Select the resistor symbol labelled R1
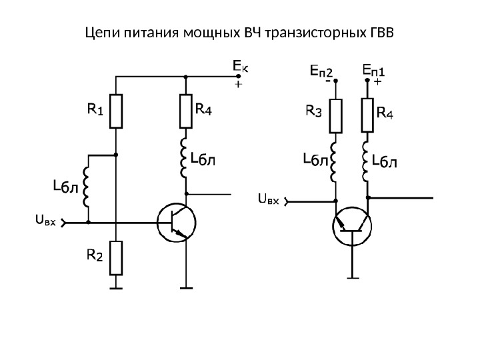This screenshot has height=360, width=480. (116, 111)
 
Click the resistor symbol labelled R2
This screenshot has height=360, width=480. (116, 257)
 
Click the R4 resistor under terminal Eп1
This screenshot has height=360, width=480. (367, 115)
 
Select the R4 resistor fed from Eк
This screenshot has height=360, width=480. (186, 111)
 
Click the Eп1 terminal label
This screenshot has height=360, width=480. (377, 69)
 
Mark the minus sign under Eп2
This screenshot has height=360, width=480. (328, 83)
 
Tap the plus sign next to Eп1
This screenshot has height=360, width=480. (377, 83)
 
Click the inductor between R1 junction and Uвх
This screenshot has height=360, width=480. (88, 187)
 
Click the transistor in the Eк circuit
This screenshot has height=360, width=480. (175, 221)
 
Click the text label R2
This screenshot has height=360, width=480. (95, 254)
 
